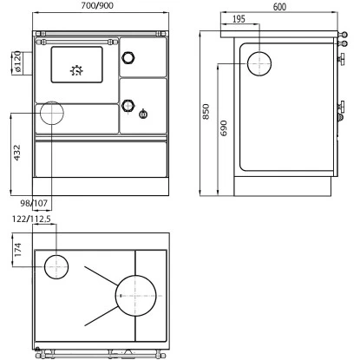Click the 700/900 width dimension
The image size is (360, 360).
97,5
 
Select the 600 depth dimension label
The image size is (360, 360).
279,7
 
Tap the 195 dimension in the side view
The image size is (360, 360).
239,19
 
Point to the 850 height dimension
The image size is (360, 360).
206,112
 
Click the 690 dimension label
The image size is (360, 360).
224,128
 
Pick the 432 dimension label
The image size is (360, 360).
17,153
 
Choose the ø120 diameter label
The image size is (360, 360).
17,62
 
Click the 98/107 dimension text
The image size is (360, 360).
34,203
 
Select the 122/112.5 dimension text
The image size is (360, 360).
31,219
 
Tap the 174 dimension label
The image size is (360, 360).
18,250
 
